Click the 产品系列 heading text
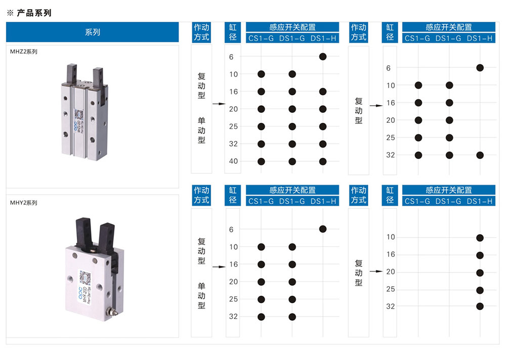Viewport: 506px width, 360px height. coord(34,13)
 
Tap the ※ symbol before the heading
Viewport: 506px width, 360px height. coord(10,13)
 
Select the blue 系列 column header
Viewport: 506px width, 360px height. coord(92,32)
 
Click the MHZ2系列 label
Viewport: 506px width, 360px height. coord(24,52)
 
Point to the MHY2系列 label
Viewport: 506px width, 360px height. coord(24,203)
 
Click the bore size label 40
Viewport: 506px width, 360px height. coord(233,161)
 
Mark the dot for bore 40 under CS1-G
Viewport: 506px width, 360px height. coord(262,161)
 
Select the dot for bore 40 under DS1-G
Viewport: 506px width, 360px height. coord(292,161)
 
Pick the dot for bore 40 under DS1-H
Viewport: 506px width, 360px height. coord(323,161)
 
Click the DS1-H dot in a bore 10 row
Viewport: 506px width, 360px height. coord(480,238)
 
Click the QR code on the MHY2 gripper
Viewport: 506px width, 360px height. coord(85,278)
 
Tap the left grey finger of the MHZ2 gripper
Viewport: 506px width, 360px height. coord(72,74)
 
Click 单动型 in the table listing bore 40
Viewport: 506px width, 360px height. coord(202,130)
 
